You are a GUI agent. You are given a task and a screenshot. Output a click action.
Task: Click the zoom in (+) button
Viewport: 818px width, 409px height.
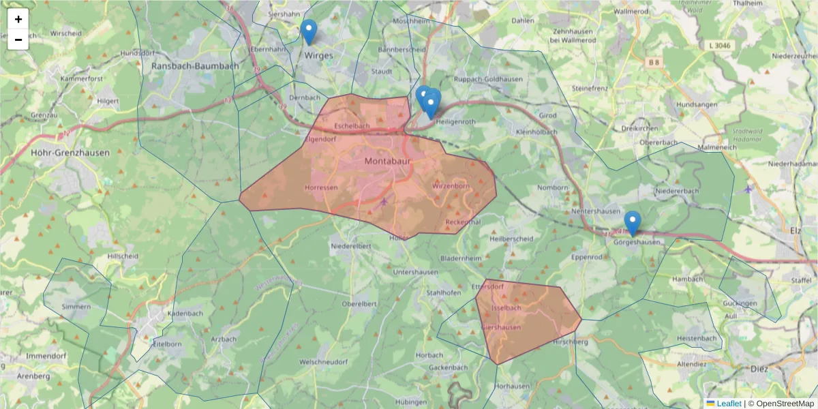(18, 19)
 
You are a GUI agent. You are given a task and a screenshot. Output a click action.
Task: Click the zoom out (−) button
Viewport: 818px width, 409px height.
(18, 40)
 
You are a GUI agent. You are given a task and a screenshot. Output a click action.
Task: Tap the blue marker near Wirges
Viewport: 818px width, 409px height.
(309, 31)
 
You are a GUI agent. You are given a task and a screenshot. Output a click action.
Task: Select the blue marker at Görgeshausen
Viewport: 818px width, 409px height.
(633, 223)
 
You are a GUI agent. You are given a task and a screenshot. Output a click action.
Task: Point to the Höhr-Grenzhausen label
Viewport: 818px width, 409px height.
(70, 153)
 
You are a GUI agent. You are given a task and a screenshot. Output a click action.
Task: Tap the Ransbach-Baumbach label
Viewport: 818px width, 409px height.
(195, 66)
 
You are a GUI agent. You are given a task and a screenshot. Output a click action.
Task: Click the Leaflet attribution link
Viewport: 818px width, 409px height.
(729, 404)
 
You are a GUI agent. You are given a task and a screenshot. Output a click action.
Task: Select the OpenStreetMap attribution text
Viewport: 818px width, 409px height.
(781, 404)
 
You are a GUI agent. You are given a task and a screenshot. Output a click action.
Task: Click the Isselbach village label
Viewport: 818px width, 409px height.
(506, 308)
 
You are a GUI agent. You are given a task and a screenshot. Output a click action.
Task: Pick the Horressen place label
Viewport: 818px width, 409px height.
(321, 187)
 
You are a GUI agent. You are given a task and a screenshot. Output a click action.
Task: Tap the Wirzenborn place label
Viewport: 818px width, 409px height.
(451, 185)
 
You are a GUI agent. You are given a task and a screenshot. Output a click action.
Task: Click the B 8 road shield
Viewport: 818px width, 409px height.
(654, 62)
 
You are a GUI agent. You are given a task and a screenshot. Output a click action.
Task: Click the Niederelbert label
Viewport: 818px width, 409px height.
(350, 245)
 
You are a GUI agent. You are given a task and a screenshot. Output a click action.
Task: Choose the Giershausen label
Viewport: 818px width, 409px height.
(501, 328)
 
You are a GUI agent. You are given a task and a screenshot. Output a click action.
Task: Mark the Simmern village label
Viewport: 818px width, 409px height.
(76, 307)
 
